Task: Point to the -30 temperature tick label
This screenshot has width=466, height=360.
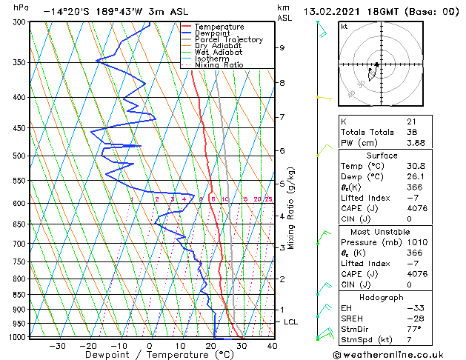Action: tap(57, 346)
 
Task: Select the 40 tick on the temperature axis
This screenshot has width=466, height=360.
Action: tap(272, 346)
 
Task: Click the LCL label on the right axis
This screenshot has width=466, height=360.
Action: tap(291, 322)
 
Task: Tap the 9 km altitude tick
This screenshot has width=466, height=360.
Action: tap(282, 47)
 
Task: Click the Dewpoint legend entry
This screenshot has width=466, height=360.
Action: tap(212, 33)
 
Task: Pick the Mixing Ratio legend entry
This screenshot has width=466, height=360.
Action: tap(219, 65)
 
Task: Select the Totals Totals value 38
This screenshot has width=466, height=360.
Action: tap(412, 132)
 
